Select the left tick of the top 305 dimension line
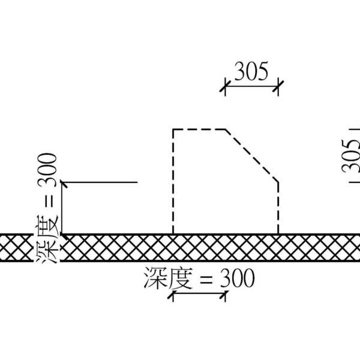tap(224, 88)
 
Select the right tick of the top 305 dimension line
tap(278, 88)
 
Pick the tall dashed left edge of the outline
tap(173, 180)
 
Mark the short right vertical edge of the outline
tap(278, 207)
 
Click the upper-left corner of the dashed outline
tap(173, 129)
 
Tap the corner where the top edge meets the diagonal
tap(226, 129)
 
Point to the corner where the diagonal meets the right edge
tap(278, 181)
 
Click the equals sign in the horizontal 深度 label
tap(205, 280)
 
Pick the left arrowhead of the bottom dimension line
tap(176, 295)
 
